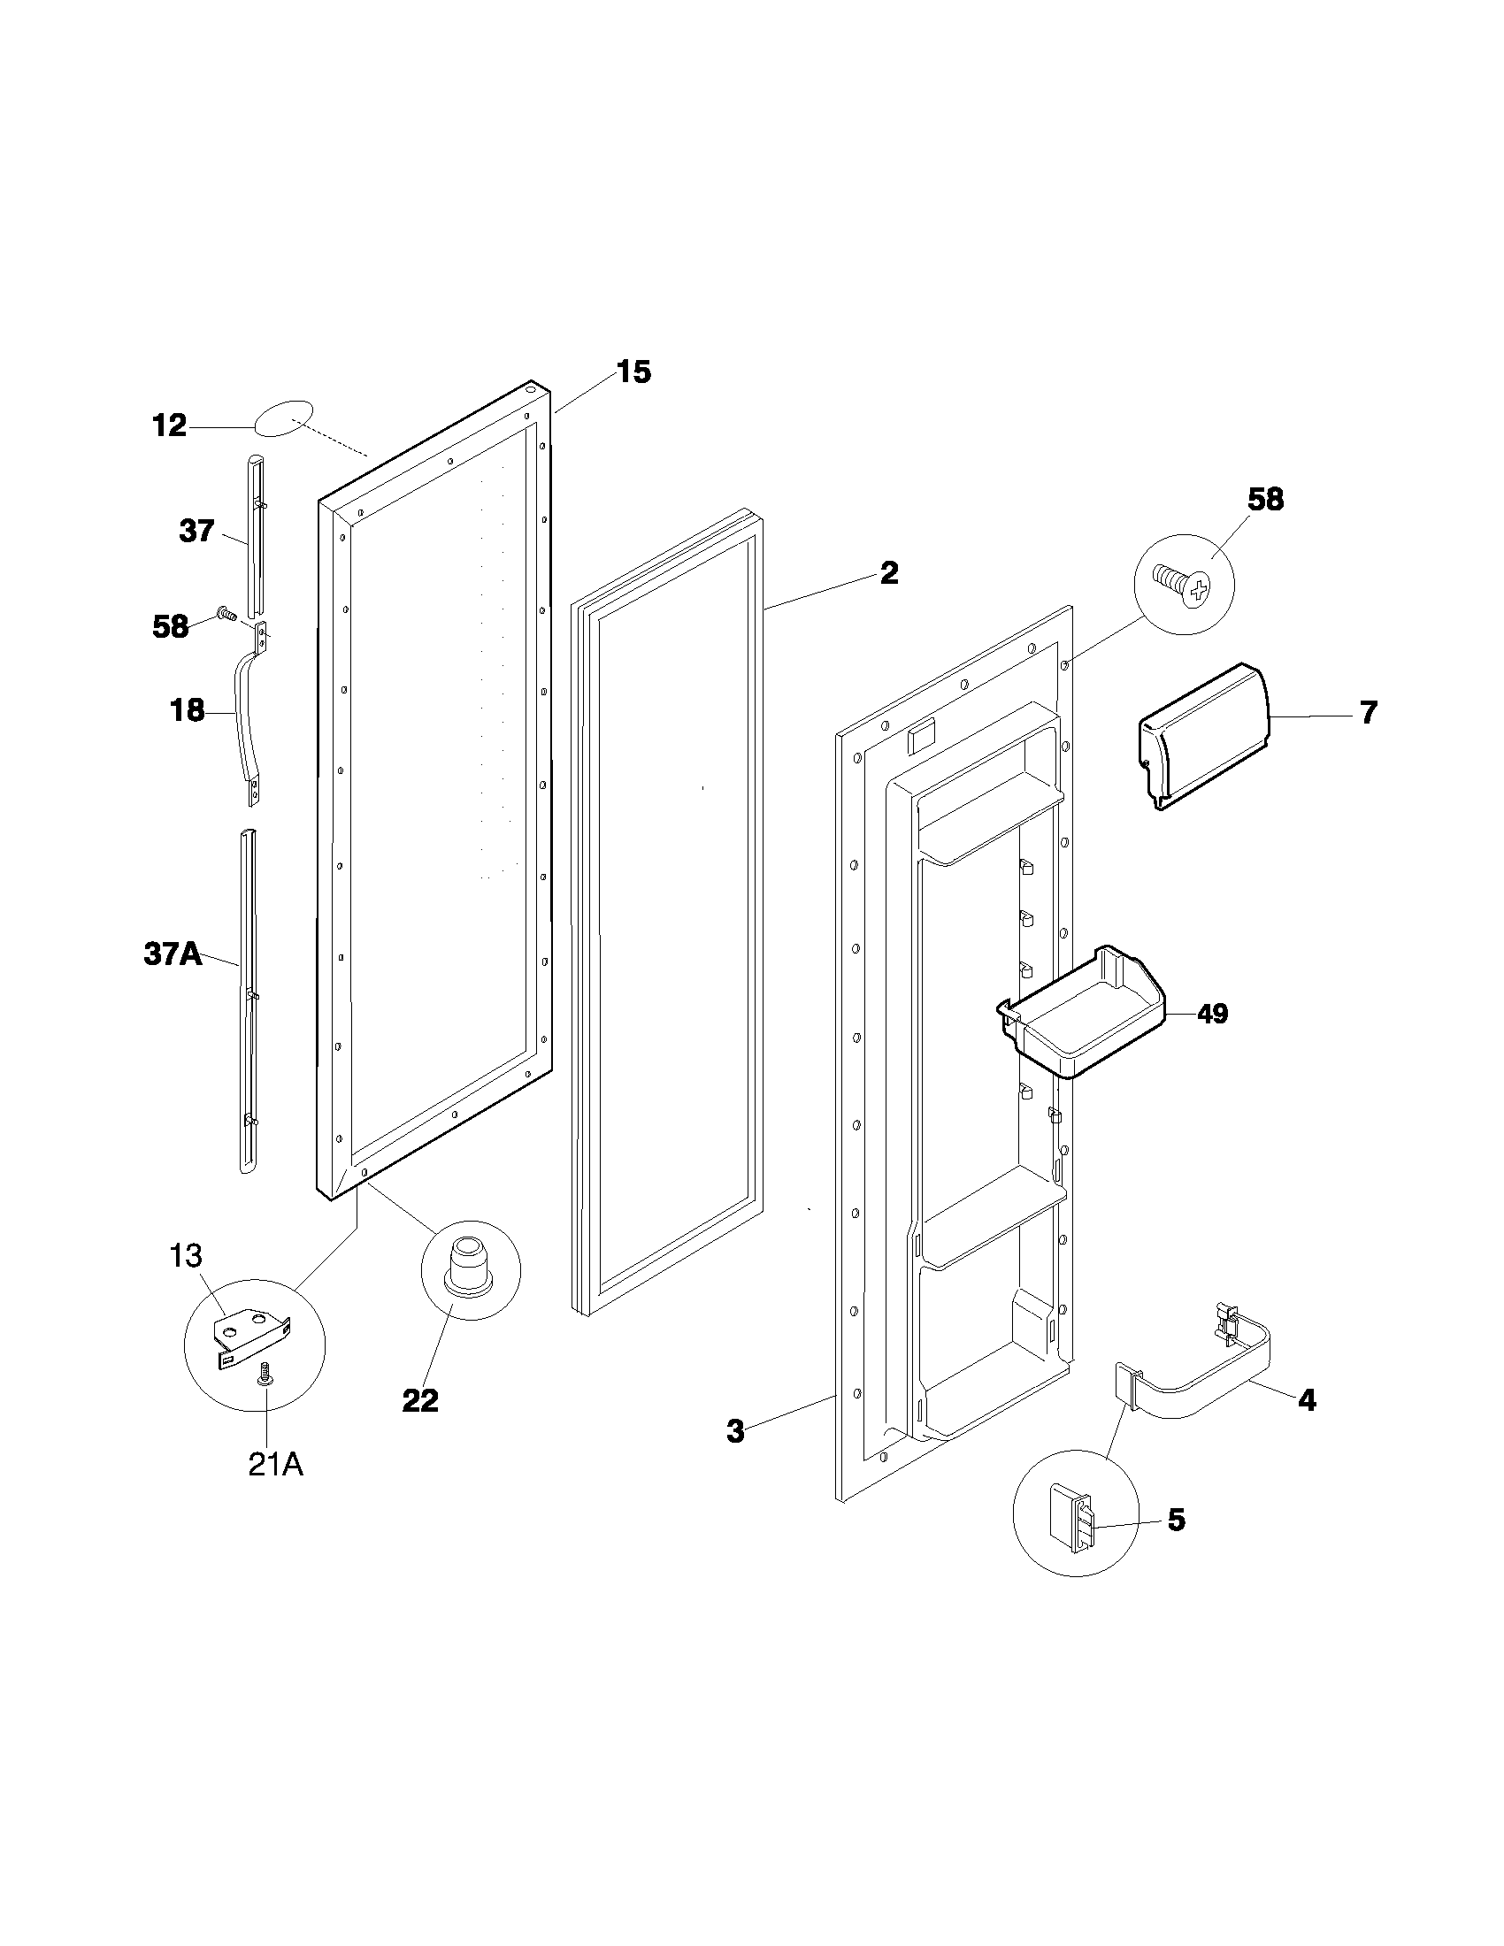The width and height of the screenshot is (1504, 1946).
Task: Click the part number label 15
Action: pos(633,372)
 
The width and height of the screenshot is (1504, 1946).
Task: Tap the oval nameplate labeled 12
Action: pos(284,418)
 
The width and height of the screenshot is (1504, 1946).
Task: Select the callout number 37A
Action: pos(173,955)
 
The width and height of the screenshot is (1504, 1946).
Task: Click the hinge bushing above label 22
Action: pos(470,1266)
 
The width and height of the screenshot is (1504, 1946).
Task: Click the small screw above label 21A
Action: pos(264,1375)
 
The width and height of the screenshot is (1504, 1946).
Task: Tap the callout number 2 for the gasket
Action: pos(888,573)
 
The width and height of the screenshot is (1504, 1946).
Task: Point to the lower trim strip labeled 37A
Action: pos(248,998)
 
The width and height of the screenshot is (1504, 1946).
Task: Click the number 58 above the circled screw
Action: pos(1265,500)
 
